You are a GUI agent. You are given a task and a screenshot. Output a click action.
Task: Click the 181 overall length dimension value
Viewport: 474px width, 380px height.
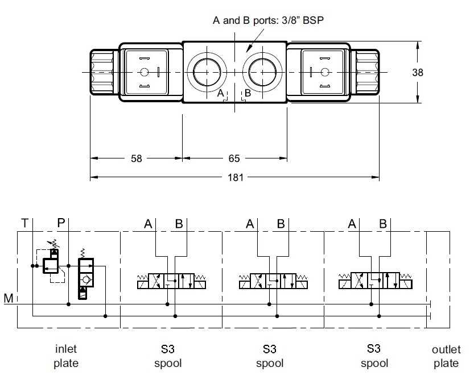(x=236, y=177)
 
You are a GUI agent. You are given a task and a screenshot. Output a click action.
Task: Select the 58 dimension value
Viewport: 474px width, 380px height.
(x=137, y=158)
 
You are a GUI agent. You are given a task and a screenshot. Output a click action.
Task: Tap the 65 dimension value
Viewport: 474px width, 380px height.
(x=234, y=158)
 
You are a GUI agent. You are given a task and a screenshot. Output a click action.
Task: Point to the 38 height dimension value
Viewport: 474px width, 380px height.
(x=418, y=73)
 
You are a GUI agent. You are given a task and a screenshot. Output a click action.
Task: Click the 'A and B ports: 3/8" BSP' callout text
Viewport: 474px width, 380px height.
(x=268, y=20)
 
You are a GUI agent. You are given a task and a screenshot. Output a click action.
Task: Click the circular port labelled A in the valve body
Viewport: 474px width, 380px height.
(x=207, y=73)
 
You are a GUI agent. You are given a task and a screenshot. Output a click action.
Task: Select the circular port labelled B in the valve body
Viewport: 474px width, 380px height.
(x=262, y=73)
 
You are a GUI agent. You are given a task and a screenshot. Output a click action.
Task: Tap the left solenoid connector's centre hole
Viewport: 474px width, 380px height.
(x=144, y=72)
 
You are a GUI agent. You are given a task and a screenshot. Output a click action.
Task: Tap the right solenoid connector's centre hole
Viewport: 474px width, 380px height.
(x=325, y=72)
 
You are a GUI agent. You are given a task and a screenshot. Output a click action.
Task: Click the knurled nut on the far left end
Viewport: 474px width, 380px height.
(x=102, y=73)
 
